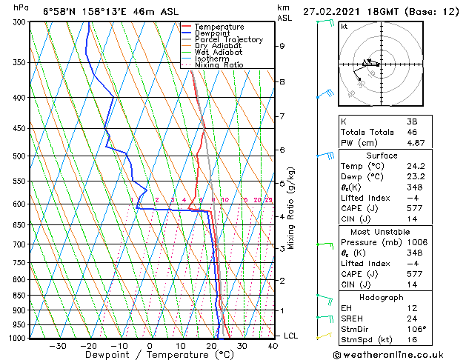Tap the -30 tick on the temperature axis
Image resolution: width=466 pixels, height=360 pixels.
point(57,345)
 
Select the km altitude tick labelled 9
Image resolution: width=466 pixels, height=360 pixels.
point(282,46)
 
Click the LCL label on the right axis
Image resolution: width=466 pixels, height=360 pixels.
point(291,336)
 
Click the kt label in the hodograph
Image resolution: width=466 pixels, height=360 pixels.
point(344,27)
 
